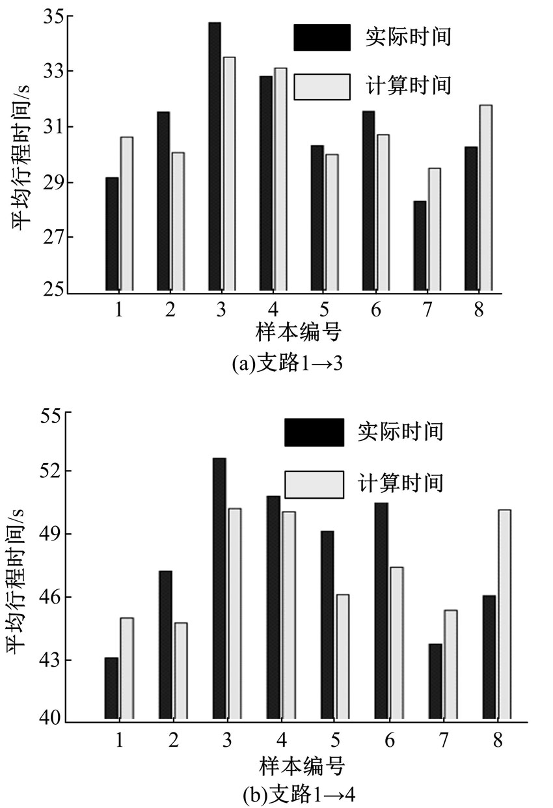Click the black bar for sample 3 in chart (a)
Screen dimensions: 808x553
[x=214, y=156]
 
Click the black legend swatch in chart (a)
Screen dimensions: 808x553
[x=321, y=37]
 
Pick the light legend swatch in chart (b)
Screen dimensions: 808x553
[x=314, y=484]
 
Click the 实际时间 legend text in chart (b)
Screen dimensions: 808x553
[x=401, y=431]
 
